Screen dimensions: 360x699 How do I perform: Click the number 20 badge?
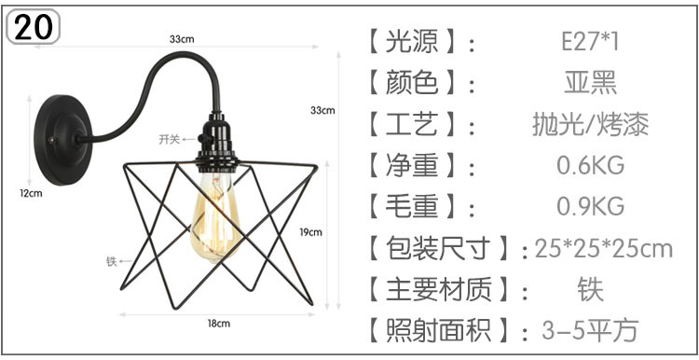click(33, 26)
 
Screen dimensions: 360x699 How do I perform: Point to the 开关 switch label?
click(169, 139)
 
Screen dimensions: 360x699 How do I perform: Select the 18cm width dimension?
click(217, 323)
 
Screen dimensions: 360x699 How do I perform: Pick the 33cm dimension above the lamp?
click(182, 39)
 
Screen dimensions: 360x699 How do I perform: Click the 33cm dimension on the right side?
click(322, 110)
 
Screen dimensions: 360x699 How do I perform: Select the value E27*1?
click(589, 42)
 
